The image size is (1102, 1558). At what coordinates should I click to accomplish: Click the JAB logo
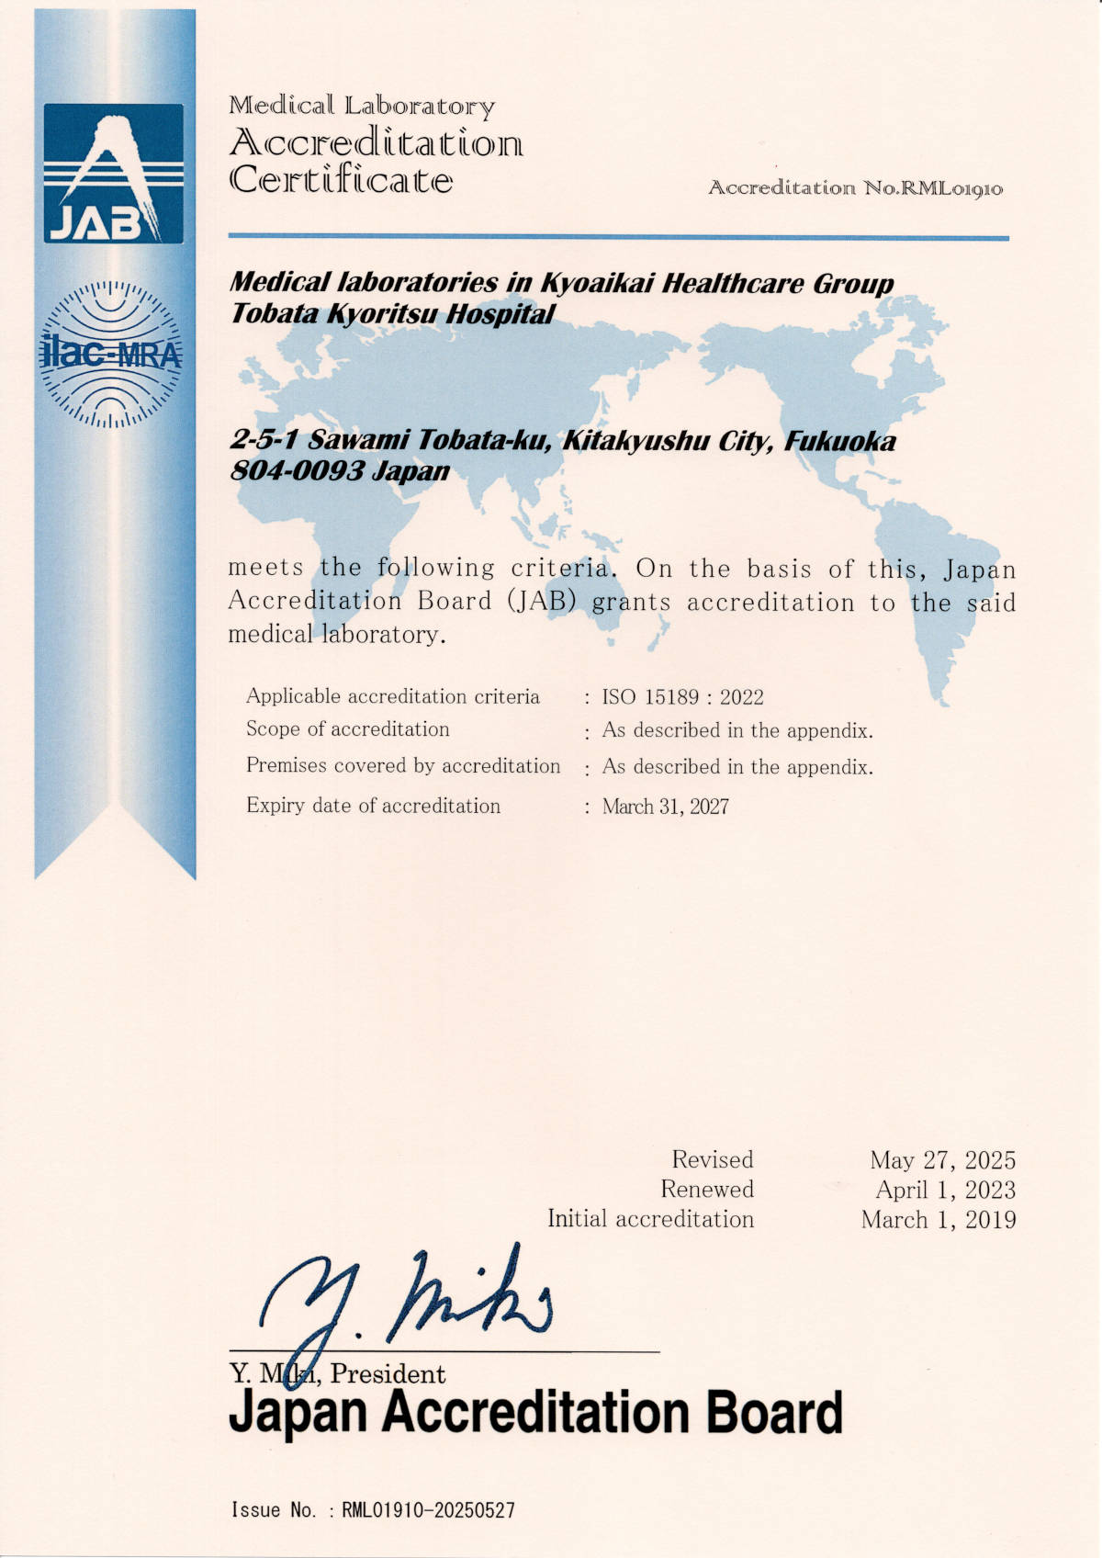tap(114, 174)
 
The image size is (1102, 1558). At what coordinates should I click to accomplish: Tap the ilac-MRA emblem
tap(112, 354)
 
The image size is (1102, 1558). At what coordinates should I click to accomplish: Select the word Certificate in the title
tap(341, 179)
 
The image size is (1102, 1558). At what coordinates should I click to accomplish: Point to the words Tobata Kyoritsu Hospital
tap(392, 314)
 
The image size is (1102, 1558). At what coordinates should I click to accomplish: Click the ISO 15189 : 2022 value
tap(682, 697)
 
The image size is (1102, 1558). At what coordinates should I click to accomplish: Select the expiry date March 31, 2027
tap(665, 807)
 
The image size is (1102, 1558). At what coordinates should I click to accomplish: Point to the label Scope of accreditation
tap(347, 729)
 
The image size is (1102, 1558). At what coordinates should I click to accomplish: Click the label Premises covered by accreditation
tap(402, 766)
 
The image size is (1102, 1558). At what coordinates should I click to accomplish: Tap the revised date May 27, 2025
tap(942, 1160)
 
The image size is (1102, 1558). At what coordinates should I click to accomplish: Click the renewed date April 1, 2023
tap(945, 1191)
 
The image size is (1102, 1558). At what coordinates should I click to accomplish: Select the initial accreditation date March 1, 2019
tap(939, 1220)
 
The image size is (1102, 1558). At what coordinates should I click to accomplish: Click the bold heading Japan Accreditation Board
tap(534, 1412)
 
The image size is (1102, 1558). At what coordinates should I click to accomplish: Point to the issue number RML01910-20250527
tap(428, 1510)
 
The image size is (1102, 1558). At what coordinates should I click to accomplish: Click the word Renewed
tap(706, 1190)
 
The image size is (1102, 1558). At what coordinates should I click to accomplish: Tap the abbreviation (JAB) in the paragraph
tap(541, 602)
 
